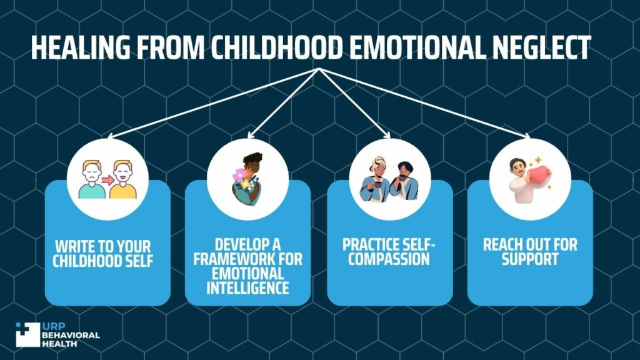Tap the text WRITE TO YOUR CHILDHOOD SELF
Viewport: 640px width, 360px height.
point(102,252)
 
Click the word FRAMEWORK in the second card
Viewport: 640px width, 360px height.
point(248,259)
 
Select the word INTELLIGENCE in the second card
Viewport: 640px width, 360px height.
point(248,287)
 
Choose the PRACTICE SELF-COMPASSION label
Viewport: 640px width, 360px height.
point(389,252)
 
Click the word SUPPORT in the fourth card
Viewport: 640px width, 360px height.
point(529,259)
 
